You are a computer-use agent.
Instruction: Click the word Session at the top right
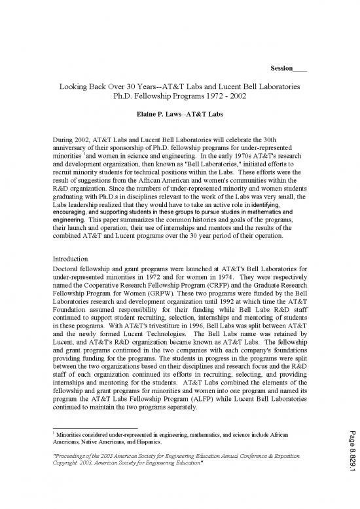pyautogui.click(x=281, y=69)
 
